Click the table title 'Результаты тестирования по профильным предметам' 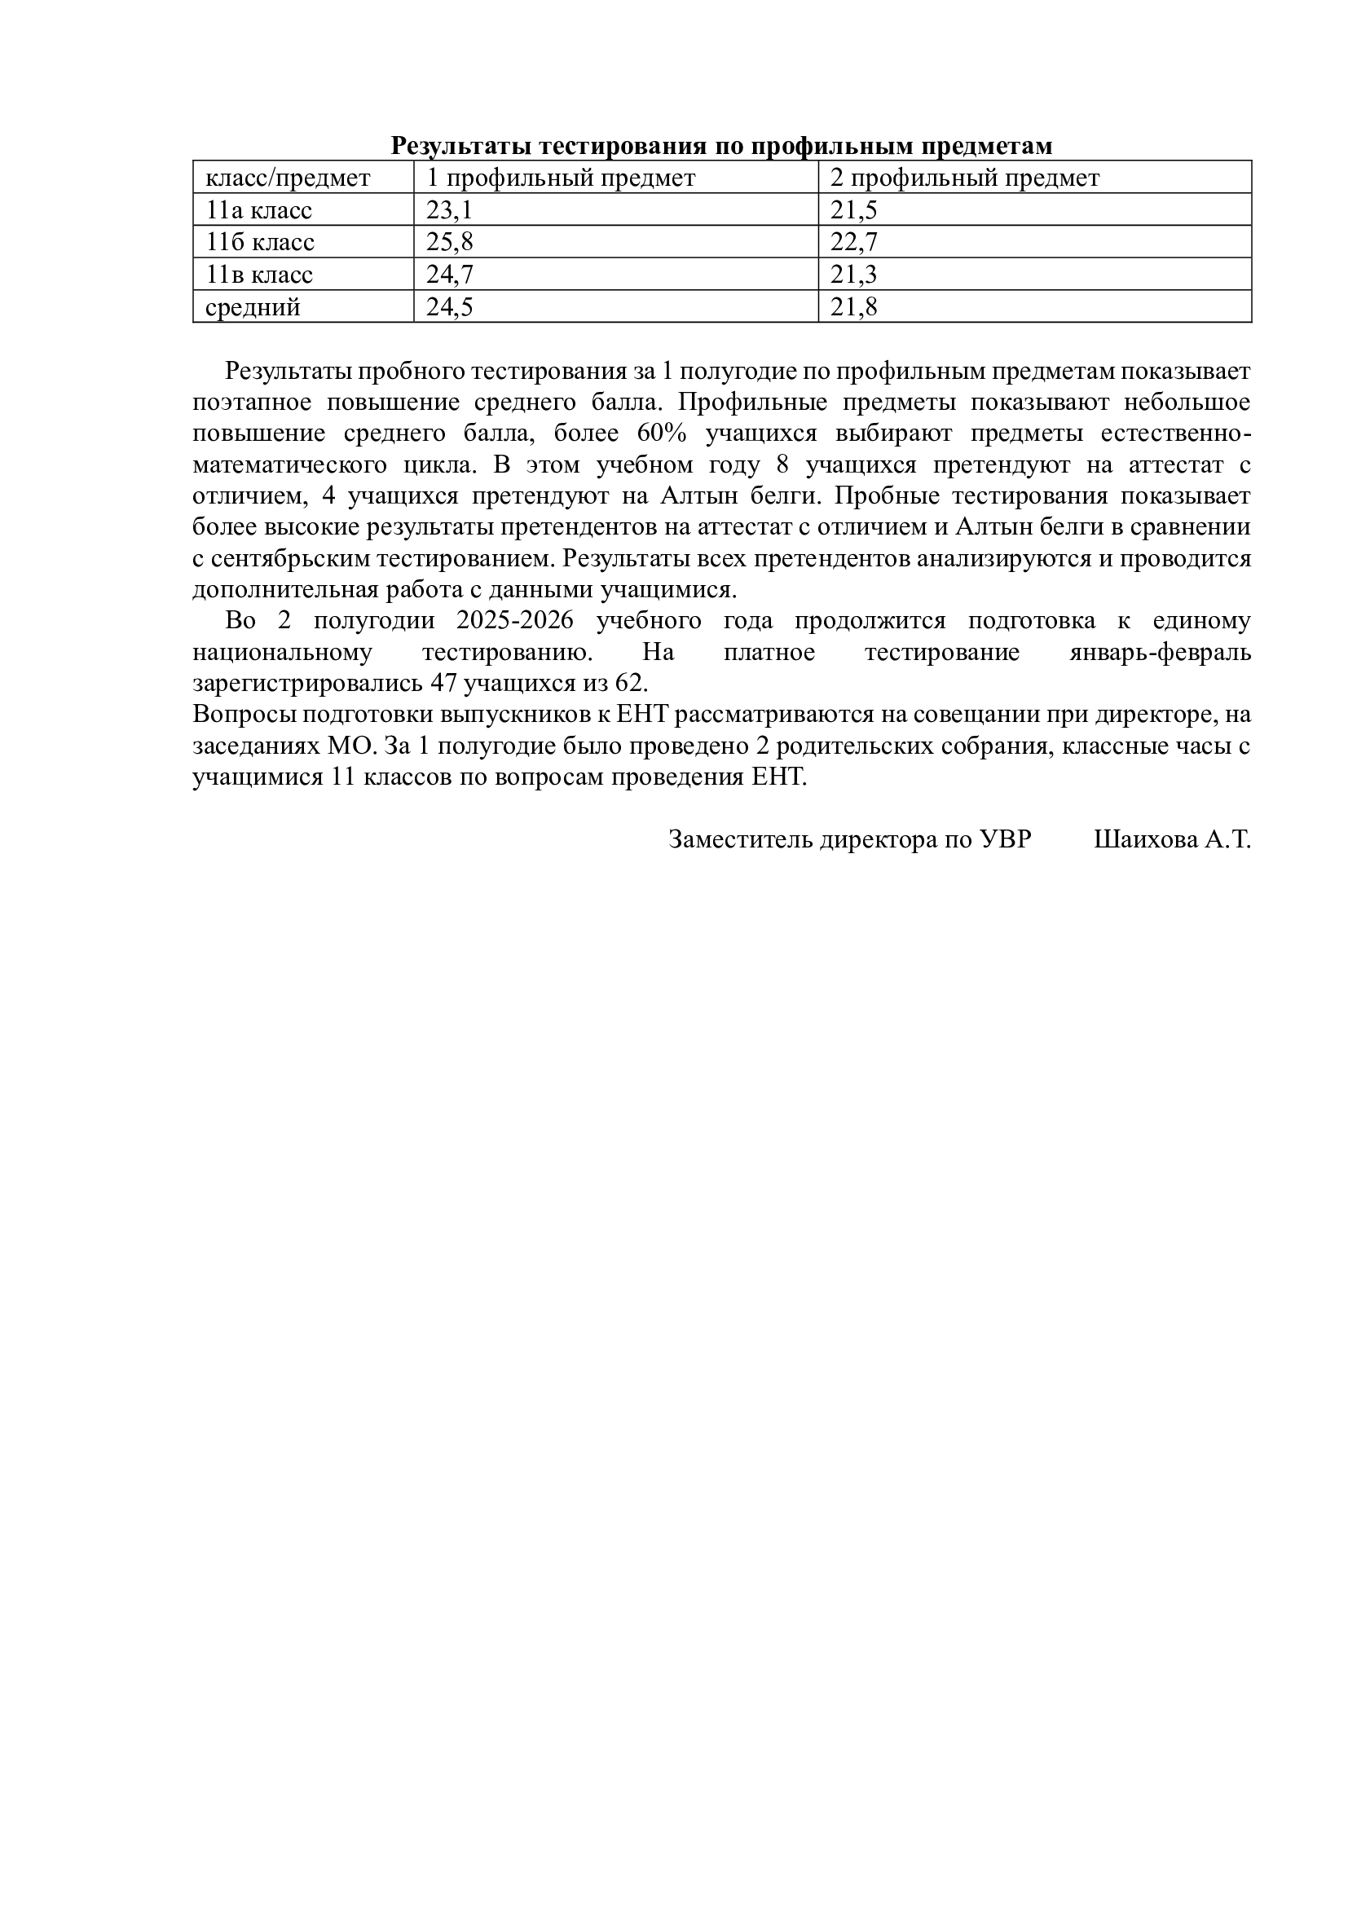(721, 146)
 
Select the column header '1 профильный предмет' (560, 178)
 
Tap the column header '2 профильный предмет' (964, 178)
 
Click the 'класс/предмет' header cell (288, 178)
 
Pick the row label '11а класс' (259, 211)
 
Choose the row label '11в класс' (259, 275)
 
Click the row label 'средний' (253, 307)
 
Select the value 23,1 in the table (449, 211)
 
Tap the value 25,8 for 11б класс (449, 242)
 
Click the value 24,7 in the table (449, 275)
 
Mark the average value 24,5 (449, 307)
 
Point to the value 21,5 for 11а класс (853, 211)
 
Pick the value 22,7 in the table (853, 242)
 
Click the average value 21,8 (853, 307)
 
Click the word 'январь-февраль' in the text (1160, 653)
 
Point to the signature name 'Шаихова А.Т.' (1172, 840)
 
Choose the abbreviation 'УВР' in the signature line (1005, 840)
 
